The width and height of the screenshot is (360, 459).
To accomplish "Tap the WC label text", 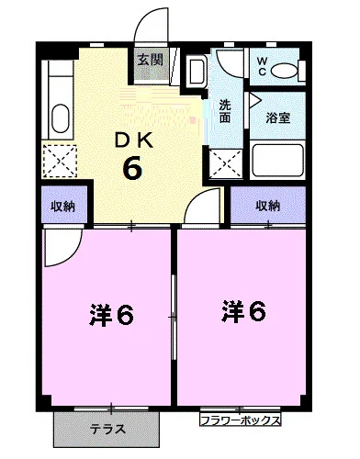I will pyautogui.click(x=261, y=67).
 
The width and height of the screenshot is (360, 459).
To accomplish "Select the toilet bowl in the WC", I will pyautogui.click(x=287, y=68).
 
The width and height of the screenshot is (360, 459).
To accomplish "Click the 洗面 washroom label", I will pyautogui.click(x=226, y=111).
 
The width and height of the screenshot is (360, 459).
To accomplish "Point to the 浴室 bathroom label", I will pyautogui.click(x=278, y=118).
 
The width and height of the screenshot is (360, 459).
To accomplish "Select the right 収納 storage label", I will pyautogui.click(x=267, y=206).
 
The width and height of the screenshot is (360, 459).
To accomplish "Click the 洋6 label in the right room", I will pyautogui.click(x=242, y=313).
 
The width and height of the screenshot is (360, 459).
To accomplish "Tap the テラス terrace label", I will pyautogui.click(x=107, y=429).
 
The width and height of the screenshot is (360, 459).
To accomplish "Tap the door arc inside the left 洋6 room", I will pyautogui.click(x=61, y=241).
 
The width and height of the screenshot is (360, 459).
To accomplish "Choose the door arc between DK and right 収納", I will pyautogui.click(x=202, y=209).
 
